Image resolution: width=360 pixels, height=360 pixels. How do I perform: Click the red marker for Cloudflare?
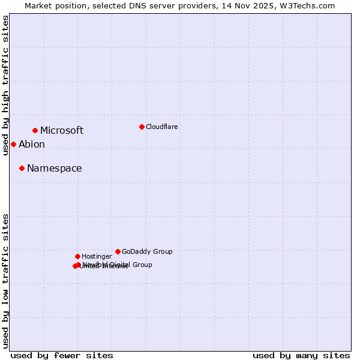[142, 127]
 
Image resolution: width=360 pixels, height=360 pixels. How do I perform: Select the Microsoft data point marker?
[35, 130]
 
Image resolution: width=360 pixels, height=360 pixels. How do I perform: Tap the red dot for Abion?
[13, 144]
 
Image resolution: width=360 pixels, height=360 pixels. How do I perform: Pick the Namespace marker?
[22, 168]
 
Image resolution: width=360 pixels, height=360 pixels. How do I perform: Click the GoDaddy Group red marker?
[118, 251]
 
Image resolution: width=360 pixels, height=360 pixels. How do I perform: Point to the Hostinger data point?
[77, 256]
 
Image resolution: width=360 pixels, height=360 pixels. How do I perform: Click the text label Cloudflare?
[161, 127]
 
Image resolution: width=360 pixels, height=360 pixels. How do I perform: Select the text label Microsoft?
[62, 130]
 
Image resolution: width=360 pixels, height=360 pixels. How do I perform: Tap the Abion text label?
[32, 144]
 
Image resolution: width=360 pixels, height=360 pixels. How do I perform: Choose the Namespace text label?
[54, 168]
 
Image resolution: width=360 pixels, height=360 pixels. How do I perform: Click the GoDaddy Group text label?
[147, 251]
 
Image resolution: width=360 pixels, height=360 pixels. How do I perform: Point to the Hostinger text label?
[97, 256]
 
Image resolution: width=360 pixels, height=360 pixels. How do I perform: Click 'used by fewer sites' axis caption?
[62, 355]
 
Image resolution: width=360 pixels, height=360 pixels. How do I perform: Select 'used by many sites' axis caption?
[301, 355]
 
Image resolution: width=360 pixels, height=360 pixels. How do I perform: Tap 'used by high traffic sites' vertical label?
[5, 85]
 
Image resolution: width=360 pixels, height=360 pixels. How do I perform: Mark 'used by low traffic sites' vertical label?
[5, 280]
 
